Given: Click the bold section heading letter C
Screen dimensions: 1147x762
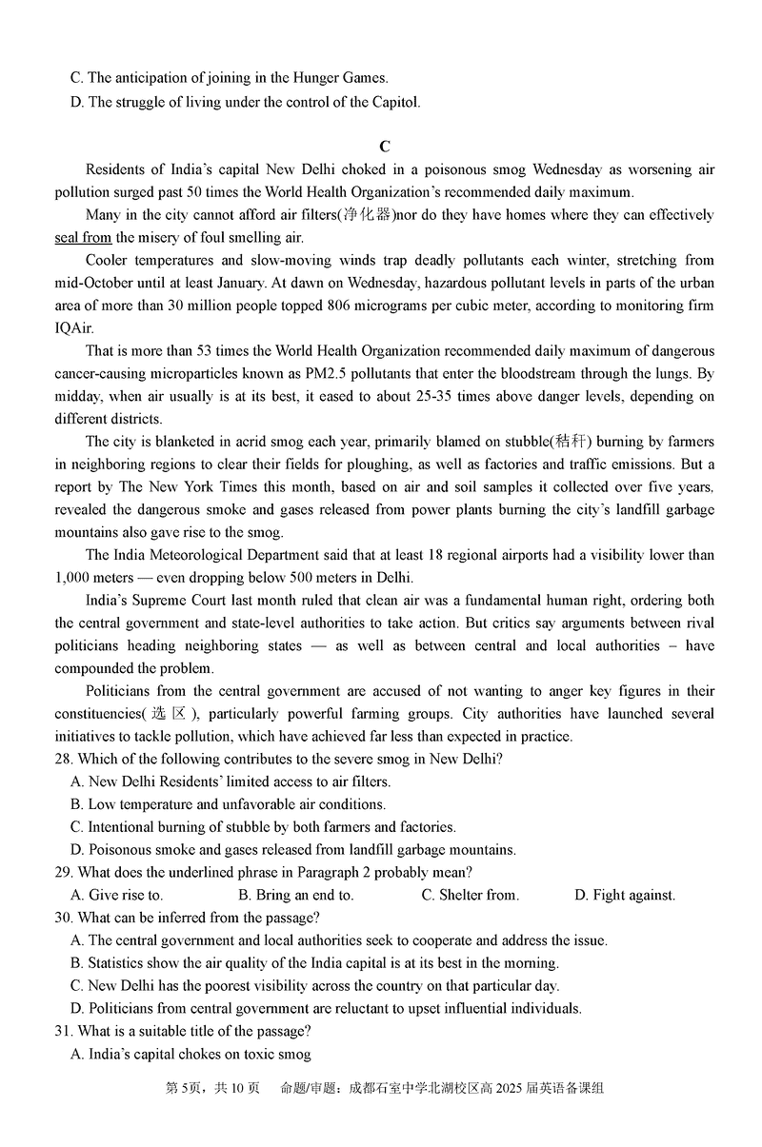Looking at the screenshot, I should (x=385, y=147).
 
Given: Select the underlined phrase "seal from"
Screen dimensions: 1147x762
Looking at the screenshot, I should (x=84, y=238).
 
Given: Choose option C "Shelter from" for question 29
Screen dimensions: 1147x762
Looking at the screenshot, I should (x=471, y=895).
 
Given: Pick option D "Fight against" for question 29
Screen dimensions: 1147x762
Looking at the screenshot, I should (x=625, y=895).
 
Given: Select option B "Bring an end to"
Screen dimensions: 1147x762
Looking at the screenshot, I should (x=296, y=895).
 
